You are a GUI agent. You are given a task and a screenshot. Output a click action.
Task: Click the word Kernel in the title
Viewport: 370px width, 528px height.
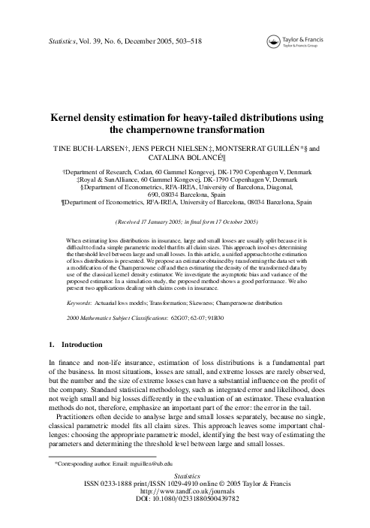[68, 118]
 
